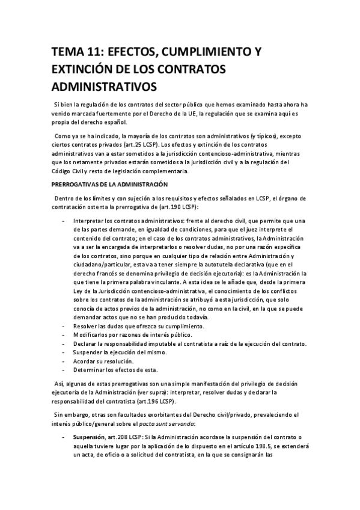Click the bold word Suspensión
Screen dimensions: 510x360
click(x=89, y=438)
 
